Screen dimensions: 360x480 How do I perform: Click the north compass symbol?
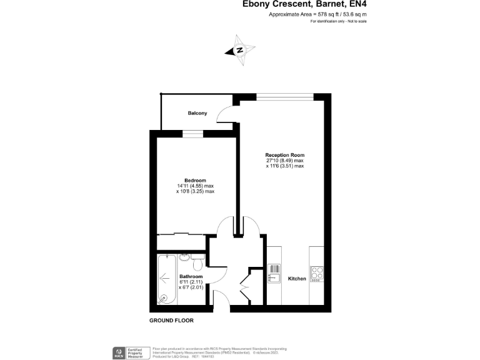click(240, 51)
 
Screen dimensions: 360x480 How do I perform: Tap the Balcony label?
click(197, 113)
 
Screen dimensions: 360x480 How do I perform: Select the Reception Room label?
click(285, 154)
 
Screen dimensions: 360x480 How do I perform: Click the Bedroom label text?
click(195, 180)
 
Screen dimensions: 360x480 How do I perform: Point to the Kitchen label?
click(297, 278)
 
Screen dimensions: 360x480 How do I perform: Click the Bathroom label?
click(191, 276)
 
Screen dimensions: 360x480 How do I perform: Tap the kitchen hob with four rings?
click(317, 272)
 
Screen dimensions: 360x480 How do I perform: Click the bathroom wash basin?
click(184, 257)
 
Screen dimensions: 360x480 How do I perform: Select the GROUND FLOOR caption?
click(171, 320)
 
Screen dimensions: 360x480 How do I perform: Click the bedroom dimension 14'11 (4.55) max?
click(195, 186)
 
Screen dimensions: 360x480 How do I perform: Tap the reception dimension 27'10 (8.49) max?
click(285, 161)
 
